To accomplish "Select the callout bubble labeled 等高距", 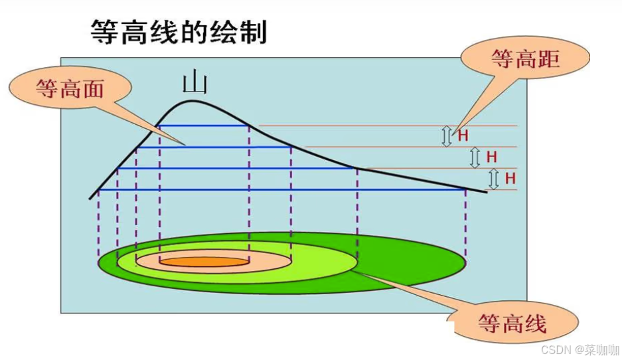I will coord(525,59).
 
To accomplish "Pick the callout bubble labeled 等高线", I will coord(512,323).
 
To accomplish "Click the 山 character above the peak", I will coord(195,83).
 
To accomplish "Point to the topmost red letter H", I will coord(463,135).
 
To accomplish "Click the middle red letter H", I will coord(491,157).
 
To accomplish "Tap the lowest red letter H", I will coord(510,178).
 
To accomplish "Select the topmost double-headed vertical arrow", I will coord(446,135).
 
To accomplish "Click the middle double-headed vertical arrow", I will coord(475,157).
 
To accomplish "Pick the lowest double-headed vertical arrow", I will coord(493,179).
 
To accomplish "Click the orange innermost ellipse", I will coord(204,262).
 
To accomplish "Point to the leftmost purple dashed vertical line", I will coord(98,223).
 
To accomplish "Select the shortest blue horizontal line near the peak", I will coord(204,126).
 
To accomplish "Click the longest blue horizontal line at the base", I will coord(279,190).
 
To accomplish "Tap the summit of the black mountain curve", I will coord(193,101).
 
